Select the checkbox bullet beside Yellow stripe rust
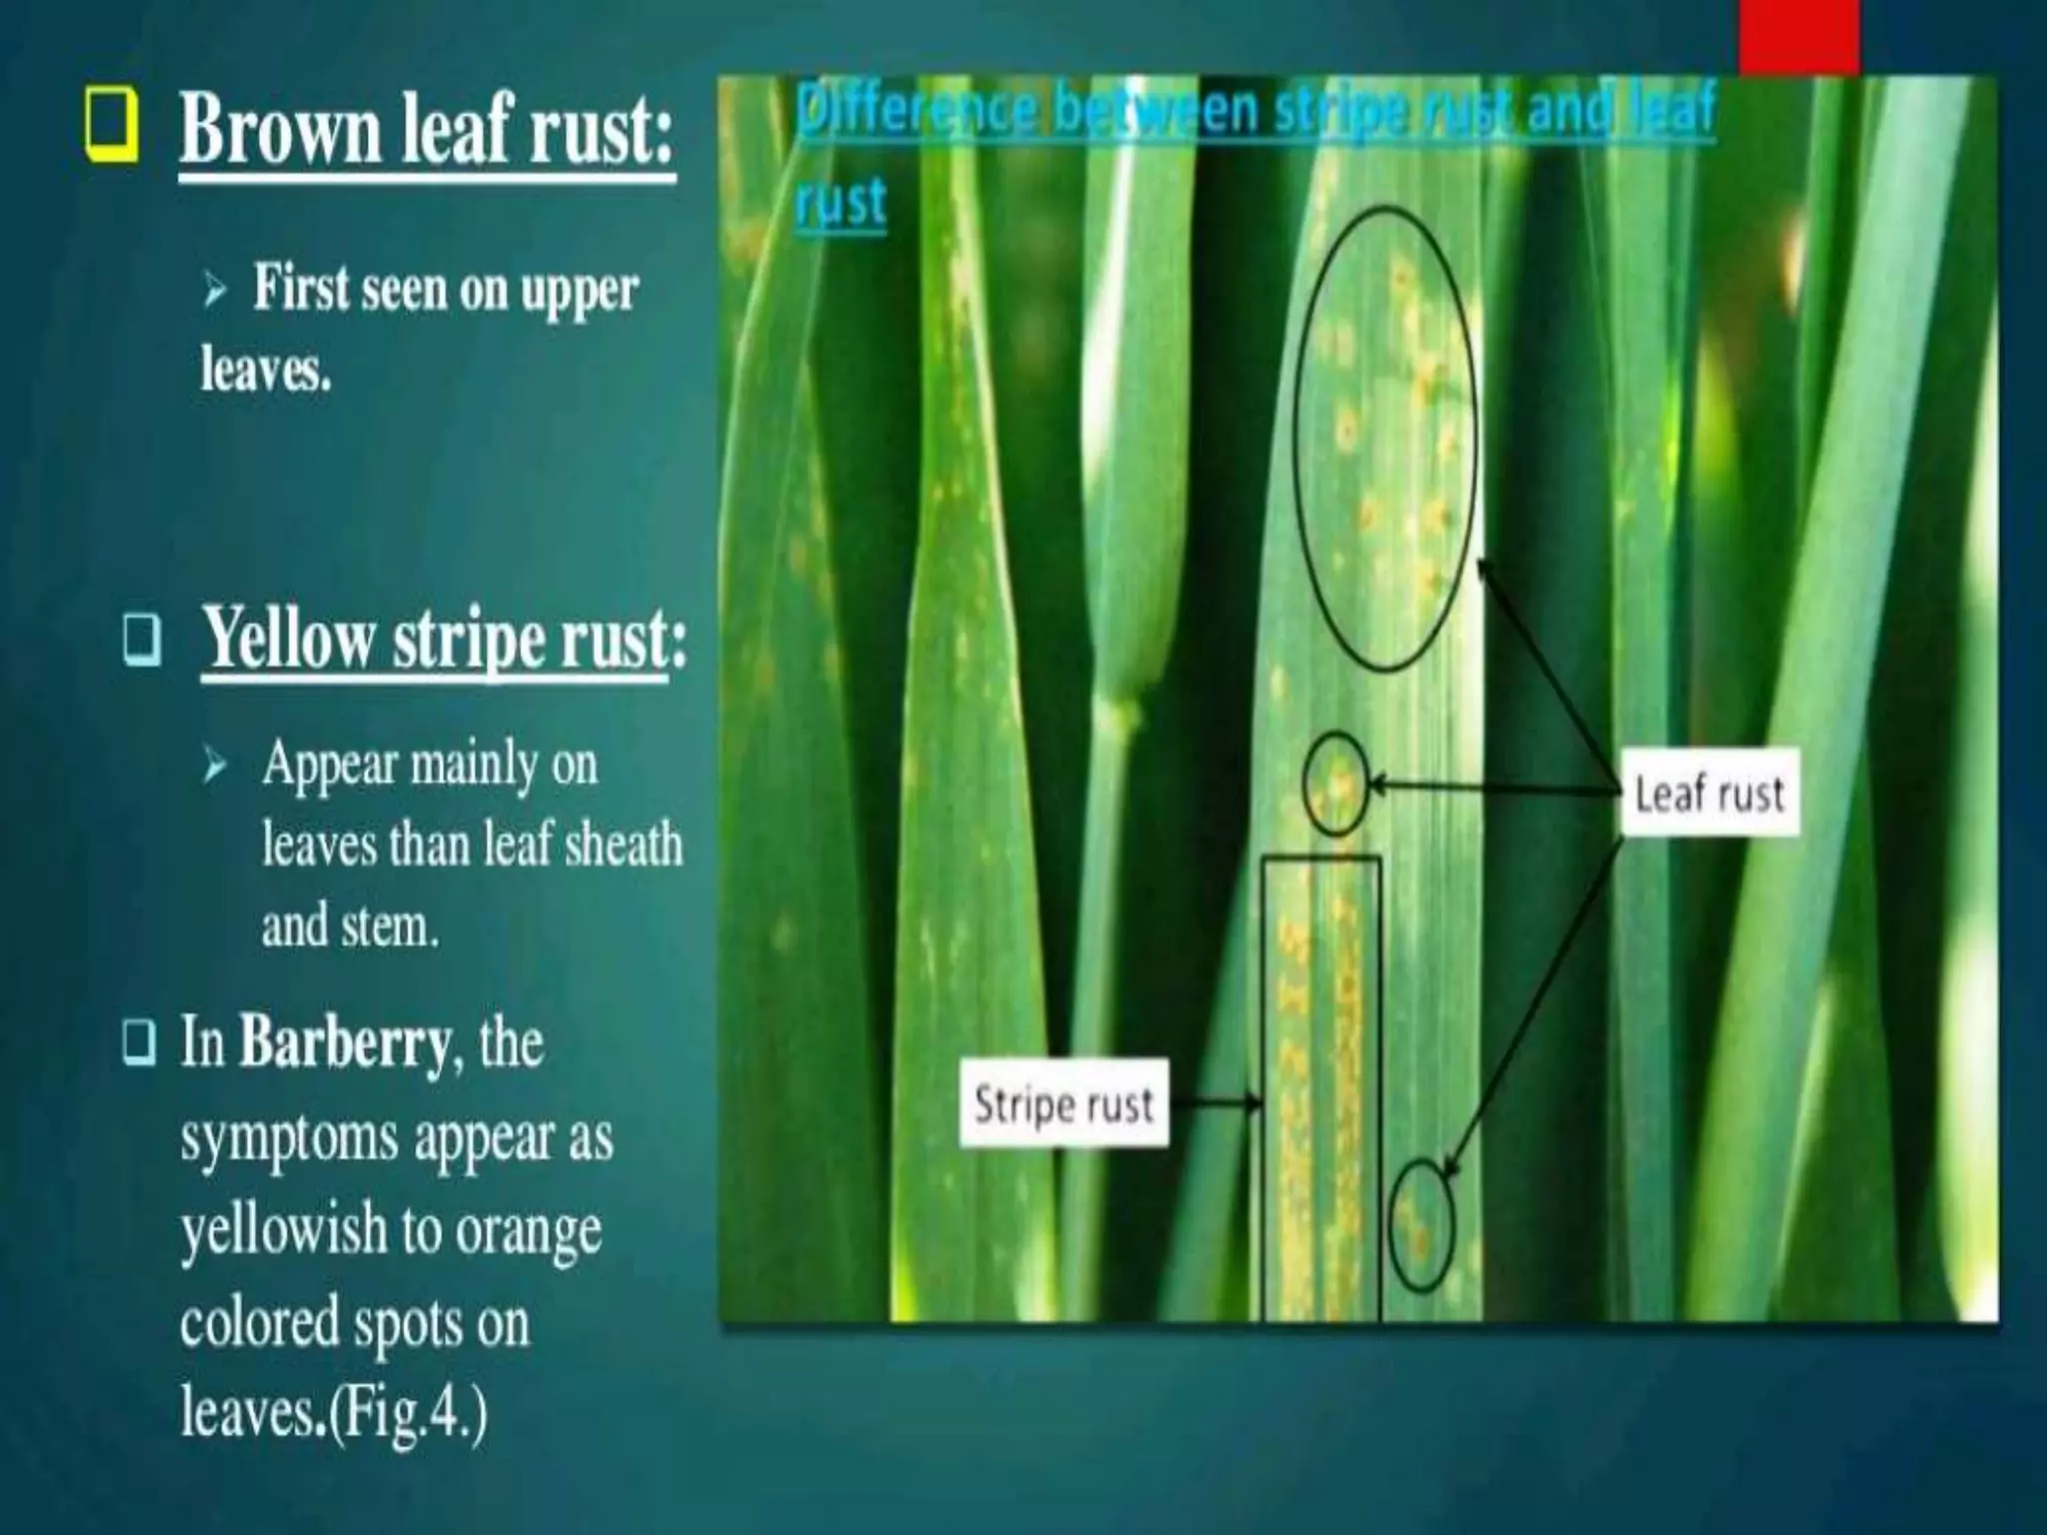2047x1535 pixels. pyautogui.click(x=143, y=640)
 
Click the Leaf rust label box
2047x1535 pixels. pyautogui.click(x=1709, y=794)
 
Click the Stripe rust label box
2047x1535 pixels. pyautogui.click(x=1063, y=1104)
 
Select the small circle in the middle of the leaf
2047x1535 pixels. pyautogui.click(x=1334, y=785)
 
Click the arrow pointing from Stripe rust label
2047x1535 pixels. pyautogui.click(x=1215, y=1104)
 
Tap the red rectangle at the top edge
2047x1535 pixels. pyautogui.click(x=1799, y=36)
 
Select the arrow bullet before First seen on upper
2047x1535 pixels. pyautogui.click(x=216, y=292)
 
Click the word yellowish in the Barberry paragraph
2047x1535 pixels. pyautogui.click(x=283, y=1229)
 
